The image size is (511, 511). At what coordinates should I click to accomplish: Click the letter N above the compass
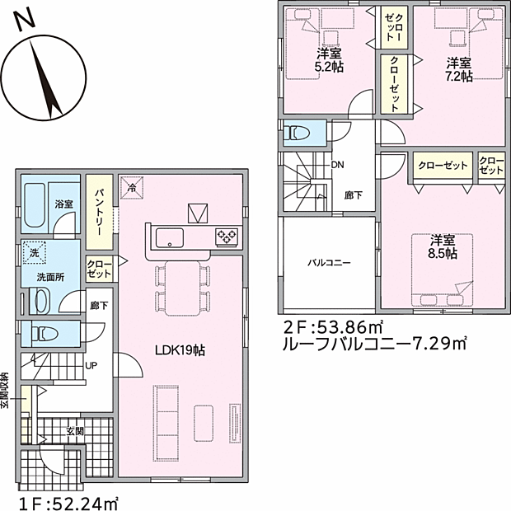click(25, 19)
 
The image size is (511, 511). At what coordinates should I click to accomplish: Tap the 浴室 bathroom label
click(64, 204)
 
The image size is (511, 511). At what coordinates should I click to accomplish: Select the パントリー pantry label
click(99, 212)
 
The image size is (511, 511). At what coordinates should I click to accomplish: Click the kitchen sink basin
click(169, 237)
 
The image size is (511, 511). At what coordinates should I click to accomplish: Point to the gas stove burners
click(226, 237)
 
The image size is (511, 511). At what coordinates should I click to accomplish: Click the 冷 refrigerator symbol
click(132, 187)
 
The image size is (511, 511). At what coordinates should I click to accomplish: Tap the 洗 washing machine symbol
click(35, 252)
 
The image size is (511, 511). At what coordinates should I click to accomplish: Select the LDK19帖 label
click(180, 350)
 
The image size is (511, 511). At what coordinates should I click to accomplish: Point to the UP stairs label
click(91, 366)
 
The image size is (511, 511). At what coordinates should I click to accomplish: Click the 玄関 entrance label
click(75, 432)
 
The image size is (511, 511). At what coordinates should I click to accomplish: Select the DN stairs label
click(338, 165)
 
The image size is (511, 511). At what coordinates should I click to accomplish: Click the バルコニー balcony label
click(329, 262)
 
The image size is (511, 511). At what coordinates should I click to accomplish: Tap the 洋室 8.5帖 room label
click(443, 246)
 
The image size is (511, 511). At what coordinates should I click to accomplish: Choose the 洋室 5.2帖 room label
click(329, 60)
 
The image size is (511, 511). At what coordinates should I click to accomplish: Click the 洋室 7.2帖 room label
click(459, 69)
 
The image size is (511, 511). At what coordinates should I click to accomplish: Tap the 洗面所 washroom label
click(50, 277)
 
